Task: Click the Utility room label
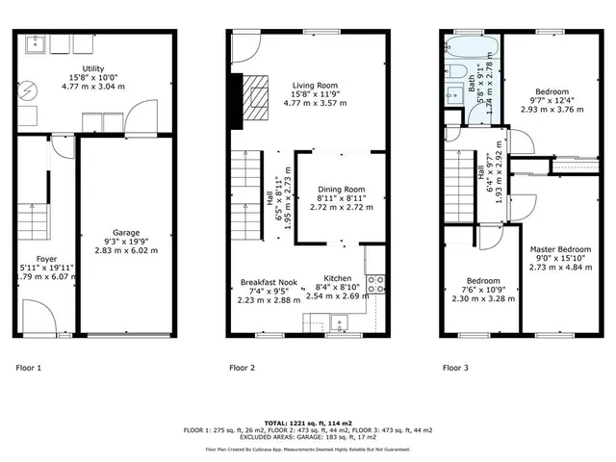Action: (93, 69)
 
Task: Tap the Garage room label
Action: (125, 233)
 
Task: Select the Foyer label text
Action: (46, 259)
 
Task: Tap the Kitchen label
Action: (338, 277)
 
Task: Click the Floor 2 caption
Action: (242, 368)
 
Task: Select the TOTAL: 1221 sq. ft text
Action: (308, 423)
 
